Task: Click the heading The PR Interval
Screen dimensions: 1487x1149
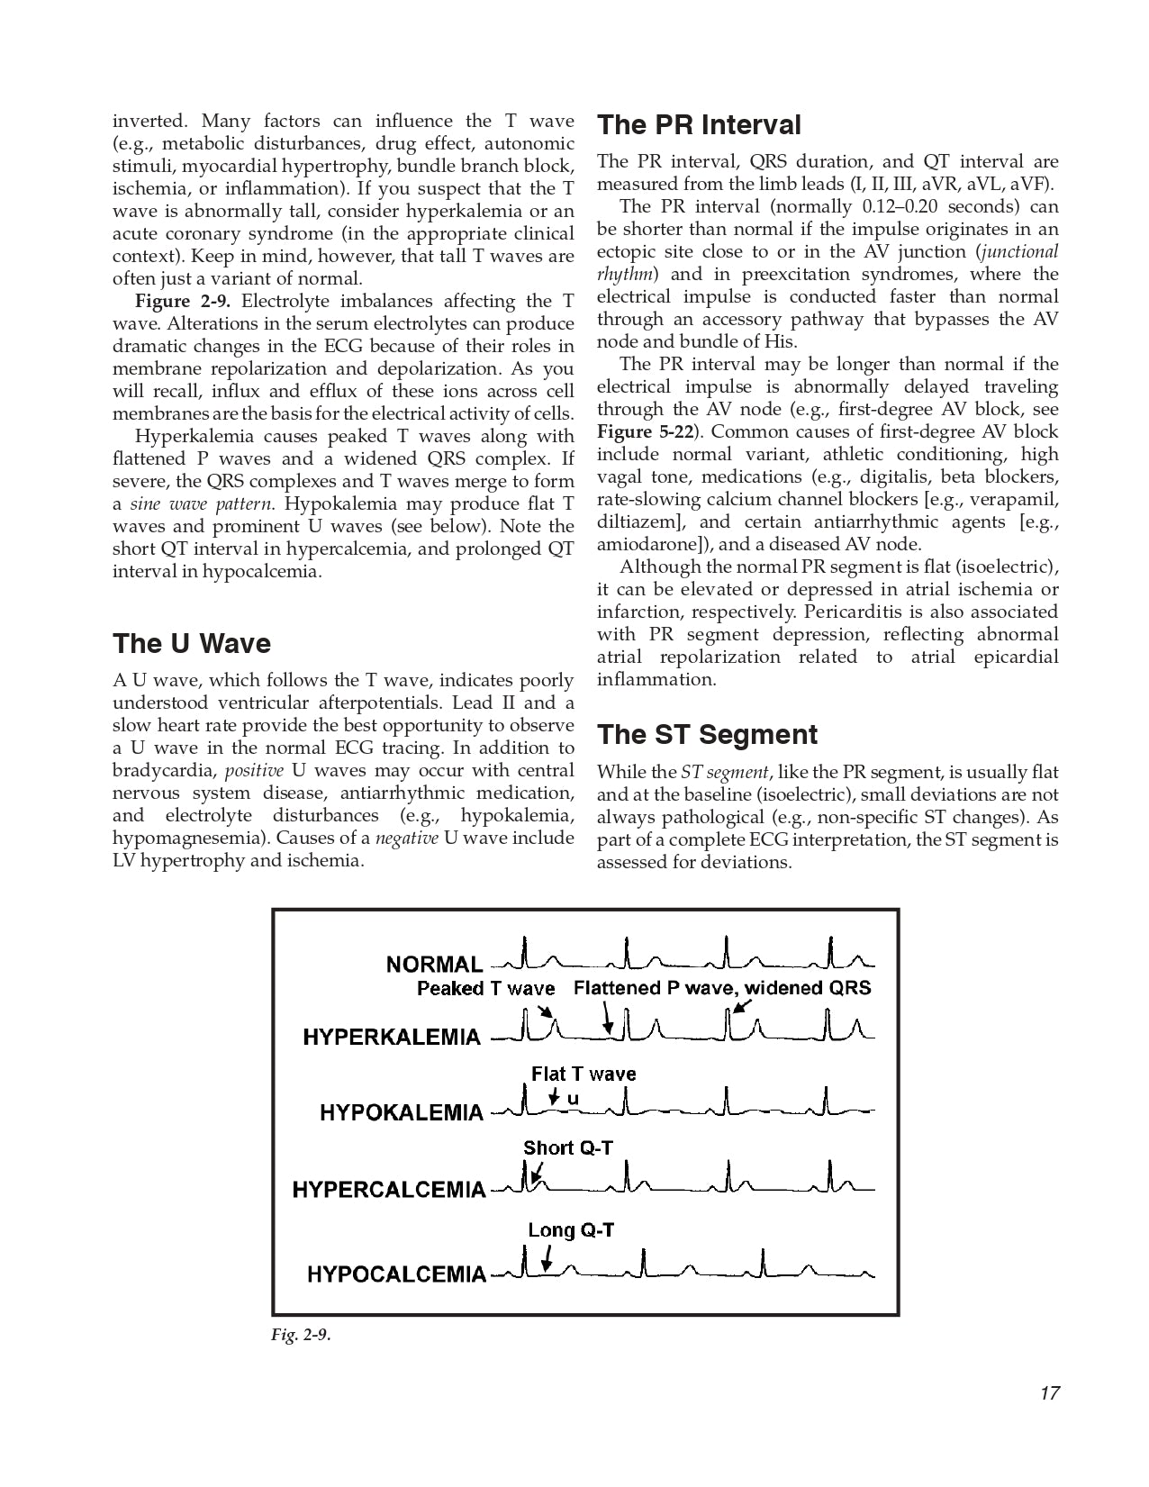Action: click(699, 124)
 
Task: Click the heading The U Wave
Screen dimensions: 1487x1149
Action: click(191, 643)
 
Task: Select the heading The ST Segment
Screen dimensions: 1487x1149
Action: click(707, 734)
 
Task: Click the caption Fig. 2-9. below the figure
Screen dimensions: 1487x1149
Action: click(301, 1335)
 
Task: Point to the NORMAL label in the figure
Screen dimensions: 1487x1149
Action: click(434, 965)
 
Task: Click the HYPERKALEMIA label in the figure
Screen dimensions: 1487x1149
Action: click(392, 1037)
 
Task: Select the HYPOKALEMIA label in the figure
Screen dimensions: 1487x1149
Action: click(402, 1112)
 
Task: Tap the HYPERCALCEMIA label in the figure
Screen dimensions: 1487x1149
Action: click(389, 1190)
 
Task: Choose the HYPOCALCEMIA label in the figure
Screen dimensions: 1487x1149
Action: click(396, 1274)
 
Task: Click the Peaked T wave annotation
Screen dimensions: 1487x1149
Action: click(485, 989)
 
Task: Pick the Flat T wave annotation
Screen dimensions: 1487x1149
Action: click(584, 1074)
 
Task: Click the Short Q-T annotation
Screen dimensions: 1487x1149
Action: click(567, 1147)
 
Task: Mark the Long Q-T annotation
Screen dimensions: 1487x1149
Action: click(571, 1230)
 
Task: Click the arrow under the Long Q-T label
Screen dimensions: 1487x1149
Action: click(546, 1258)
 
